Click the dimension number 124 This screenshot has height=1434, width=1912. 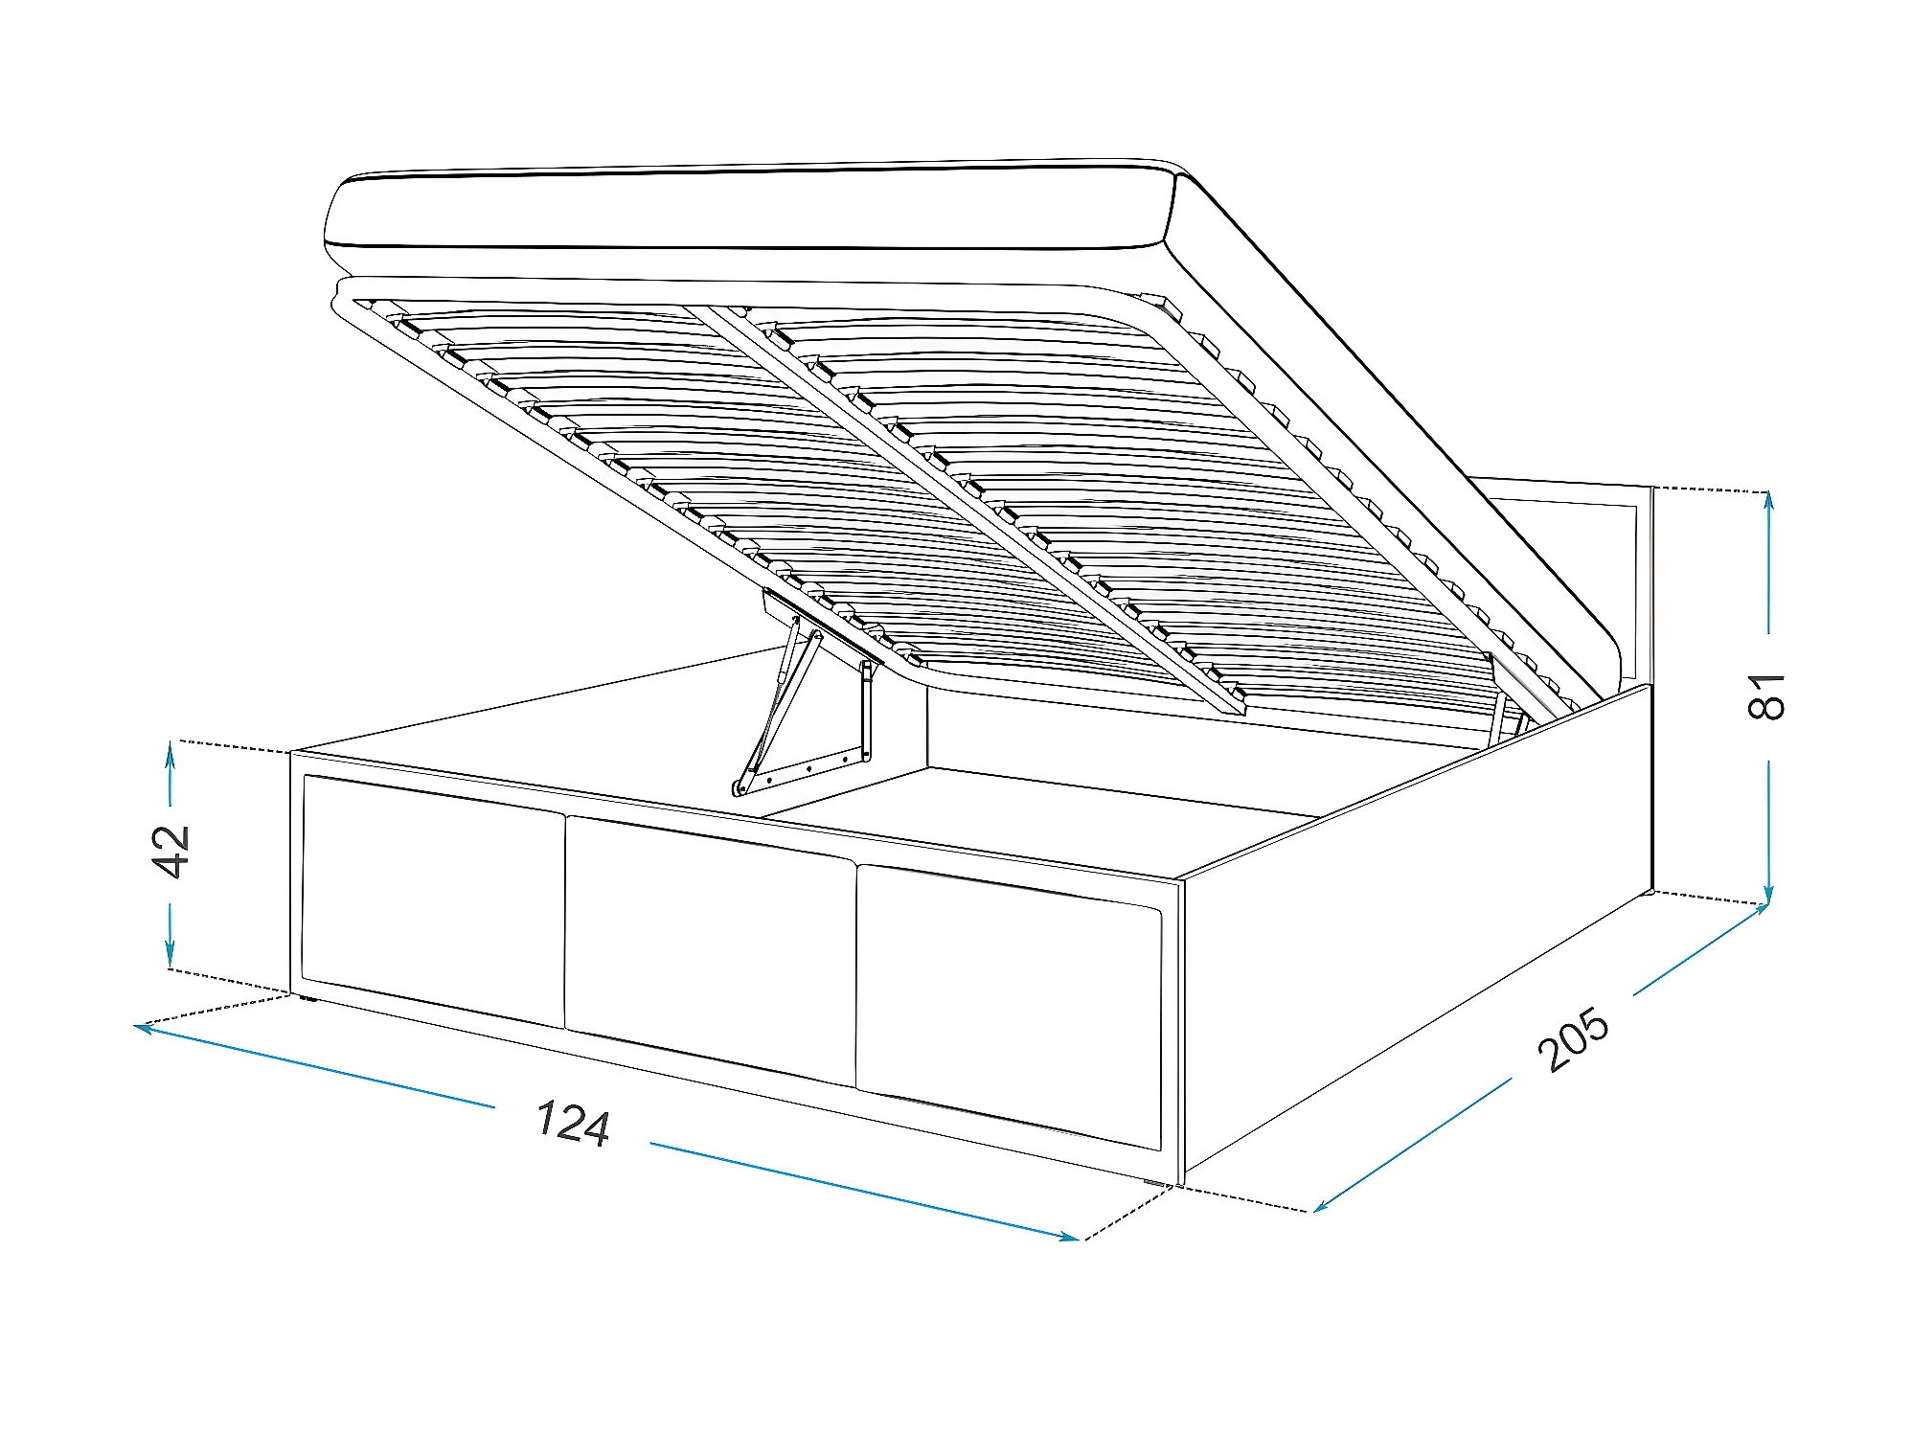tap(573, 1124)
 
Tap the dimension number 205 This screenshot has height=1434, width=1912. tap(1572, 1039)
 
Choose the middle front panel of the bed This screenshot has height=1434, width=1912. tap(710, 948)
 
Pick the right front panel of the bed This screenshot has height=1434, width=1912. tap(1009, 1005)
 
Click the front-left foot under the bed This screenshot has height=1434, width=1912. tap(307, 999)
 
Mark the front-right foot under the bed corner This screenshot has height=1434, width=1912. tap(1157, 1184)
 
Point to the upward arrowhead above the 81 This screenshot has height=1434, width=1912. tap(1768, 499)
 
